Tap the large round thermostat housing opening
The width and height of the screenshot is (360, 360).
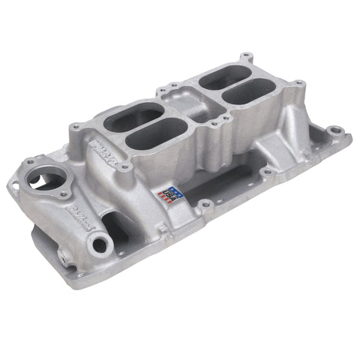[x=50, y=180]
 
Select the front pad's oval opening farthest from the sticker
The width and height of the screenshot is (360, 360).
[x=127, y=118]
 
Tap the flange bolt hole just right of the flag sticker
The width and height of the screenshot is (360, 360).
[x=204, y=203]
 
